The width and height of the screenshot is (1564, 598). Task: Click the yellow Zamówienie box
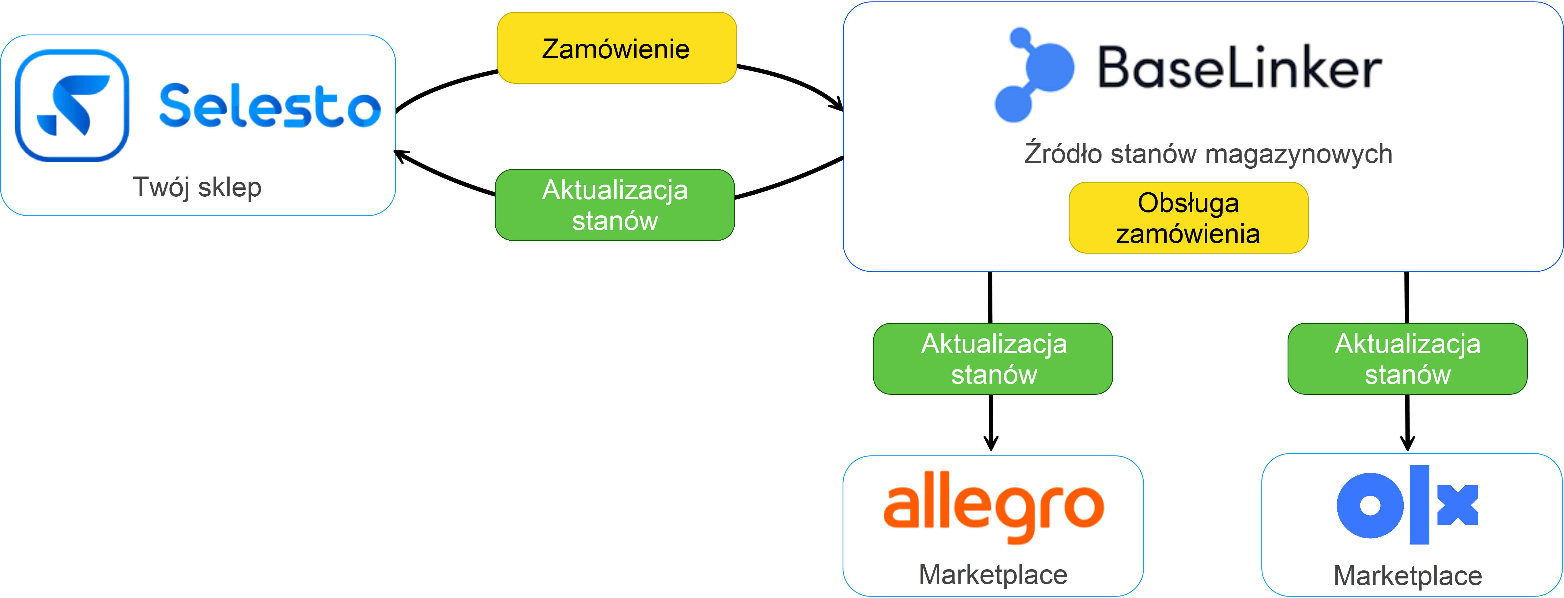[616, 48]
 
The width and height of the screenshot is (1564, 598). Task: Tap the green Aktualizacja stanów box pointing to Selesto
[614, 205]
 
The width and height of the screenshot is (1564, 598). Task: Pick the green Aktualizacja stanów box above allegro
[993, 359]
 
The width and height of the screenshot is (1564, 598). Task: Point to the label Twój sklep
[197, 187]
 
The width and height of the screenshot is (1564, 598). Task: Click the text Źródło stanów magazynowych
[1208, 154]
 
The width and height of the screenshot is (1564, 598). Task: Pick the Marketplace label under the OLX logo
[1407, 576]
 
